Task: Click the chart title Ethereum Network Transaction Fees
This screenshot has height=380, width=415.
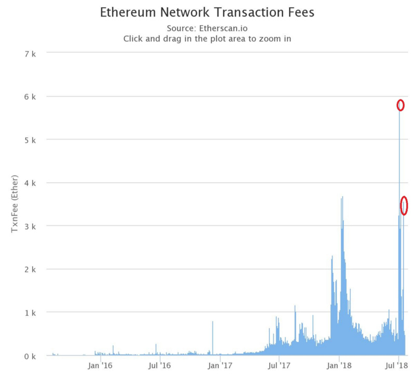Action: [207, 12]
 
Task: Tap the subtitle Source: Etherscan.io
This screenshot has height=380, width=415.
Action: [207, 28]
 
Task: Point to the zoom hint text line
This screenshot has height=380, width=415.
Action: [207, 38]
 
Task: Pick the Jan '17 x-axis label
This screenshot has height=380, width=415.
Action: [220, 365]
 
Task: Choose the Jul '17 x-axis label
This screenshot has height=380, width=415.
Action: [280, 365]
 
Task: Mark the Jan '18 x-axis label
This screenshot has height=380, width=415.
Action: [340, 365]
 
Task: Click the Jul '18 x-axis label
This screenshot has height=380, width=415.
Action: [398, 365]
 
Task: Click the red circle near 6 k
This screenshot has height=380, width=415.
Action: [400, 105]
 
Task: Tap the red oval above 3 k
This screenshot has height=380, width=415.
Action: [404, 206]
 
